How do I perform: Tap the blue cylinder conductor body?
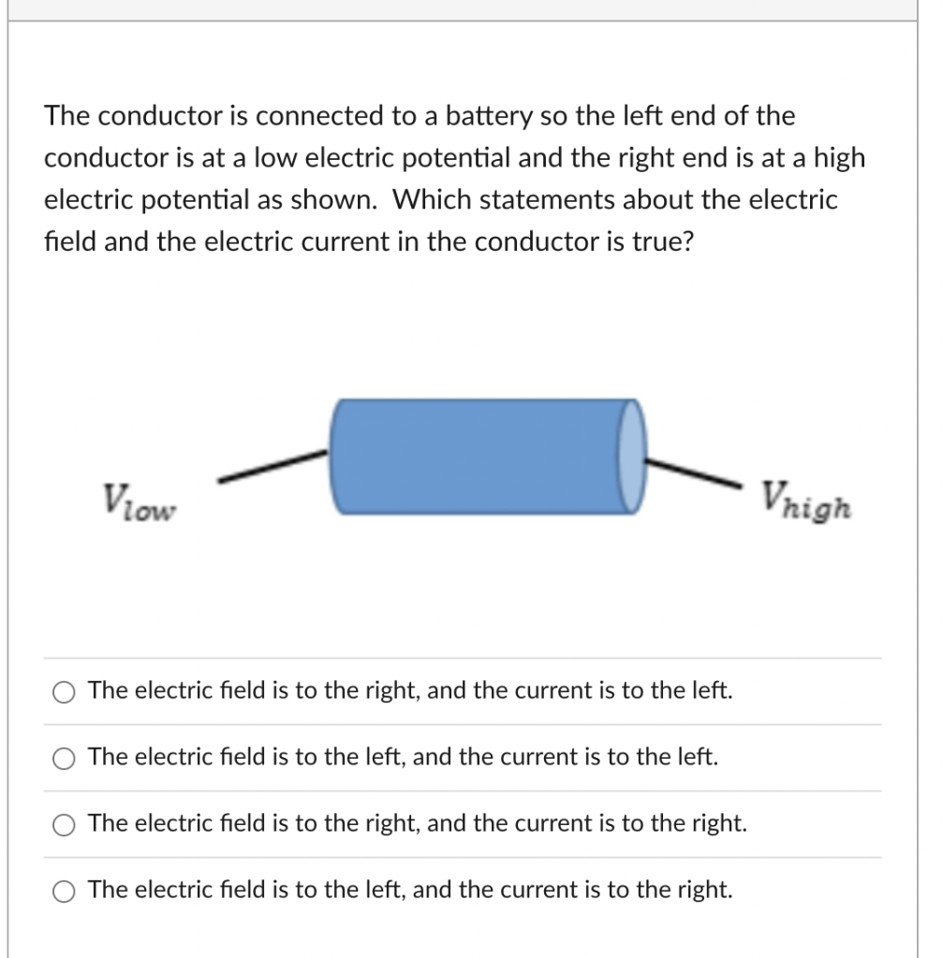coord(478,456)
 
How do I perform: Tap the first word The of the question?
coord(67,117)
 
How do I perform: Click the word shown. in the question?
coord(344,200)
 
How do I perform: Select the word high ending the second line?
coord(839,159)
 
